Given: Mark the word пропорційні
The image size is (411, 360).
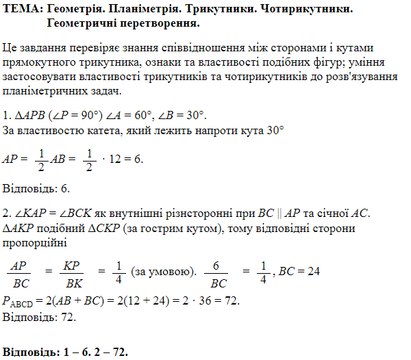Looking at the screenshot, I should click(x=35, y=242).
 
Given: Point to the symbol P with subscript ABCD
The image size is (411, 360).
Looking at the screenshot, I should click(x=20, y=302).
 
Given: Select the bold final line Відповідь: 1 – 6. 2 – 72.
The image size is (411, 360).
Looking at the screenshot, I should click(x=66, y=351).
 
